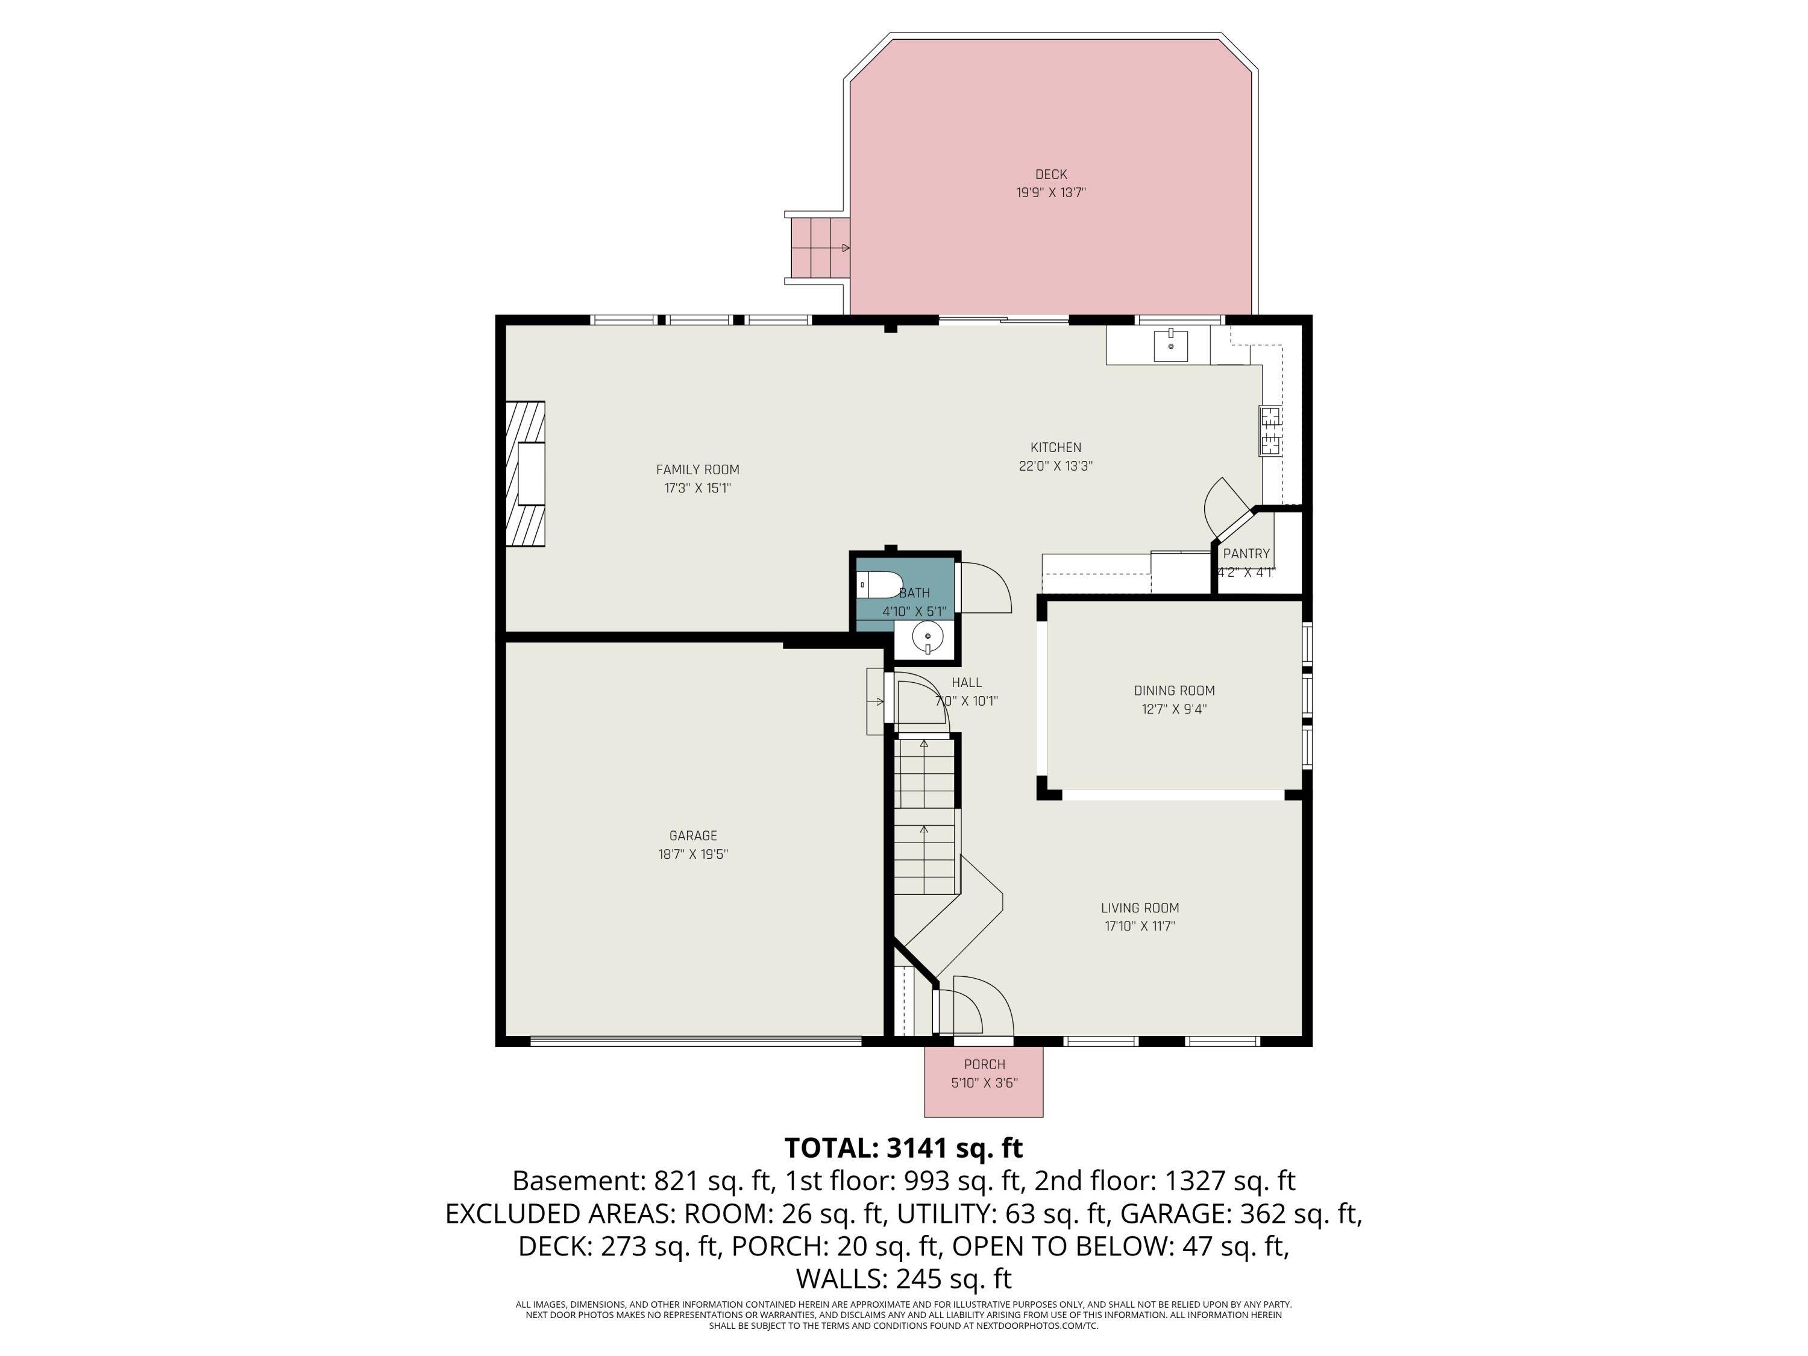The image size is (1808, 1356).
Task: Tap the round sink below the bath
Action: pyautogui.click(x=928, y=636)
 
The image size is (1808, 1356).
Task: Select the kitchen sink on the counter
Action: pyautogui.click(x=1170, y=345)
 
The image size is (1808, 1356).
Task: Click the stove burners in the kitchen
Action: pyautogui.click(x=1270, y=431)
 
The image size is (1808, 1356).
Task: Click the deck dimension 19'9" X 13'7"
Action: pyautogui.click(x=1050, y=193)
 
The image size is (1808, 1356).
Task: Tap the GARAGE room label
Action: pyautogui.click(x=692, y=835)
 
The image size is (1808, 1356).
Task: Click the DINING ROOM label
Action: pyautogui.click(x=1174, y=691)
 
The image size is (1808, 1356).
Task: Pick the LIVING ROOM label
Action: pyautogui.click(x=1140, y=908)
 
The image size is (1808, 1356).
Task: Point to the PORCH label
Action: pyautogui.click(x=984, y=1064)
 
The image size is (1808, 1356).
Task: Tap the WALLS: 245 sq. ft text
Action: pyautogui.click(x=903, y=1278)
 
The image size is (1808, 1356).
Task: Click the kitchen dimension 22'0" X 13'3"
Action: pyautogui.click(x=1055, y=466)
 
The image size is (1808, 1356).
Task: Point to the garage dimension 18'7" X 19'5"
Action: pyautogui.click(x=692, y=854)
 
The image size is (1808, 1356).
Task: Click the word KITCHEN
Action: pyautogui.click(x=1055, y=447)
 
